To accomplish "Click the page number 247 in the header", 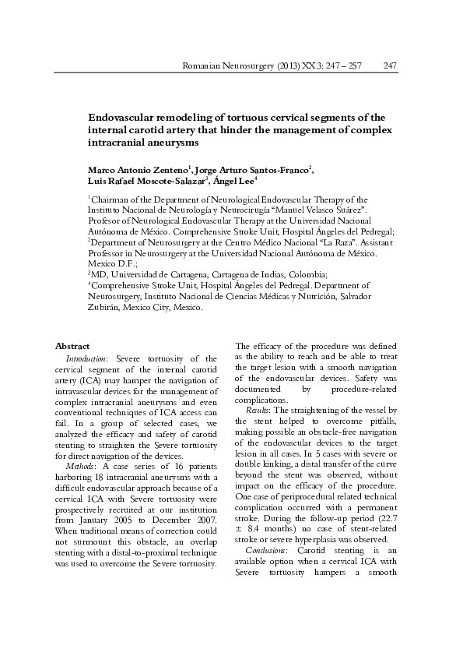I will pyautogui.click(x=392, y=66).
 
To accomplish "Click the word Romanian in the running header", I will pyautogui.click(x=200, y=66).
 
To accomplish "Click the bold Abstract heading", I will pyautogui.click(x=72, y=346).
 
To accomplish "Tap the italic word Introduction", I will pyautogui.click(x=88, y=358).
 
